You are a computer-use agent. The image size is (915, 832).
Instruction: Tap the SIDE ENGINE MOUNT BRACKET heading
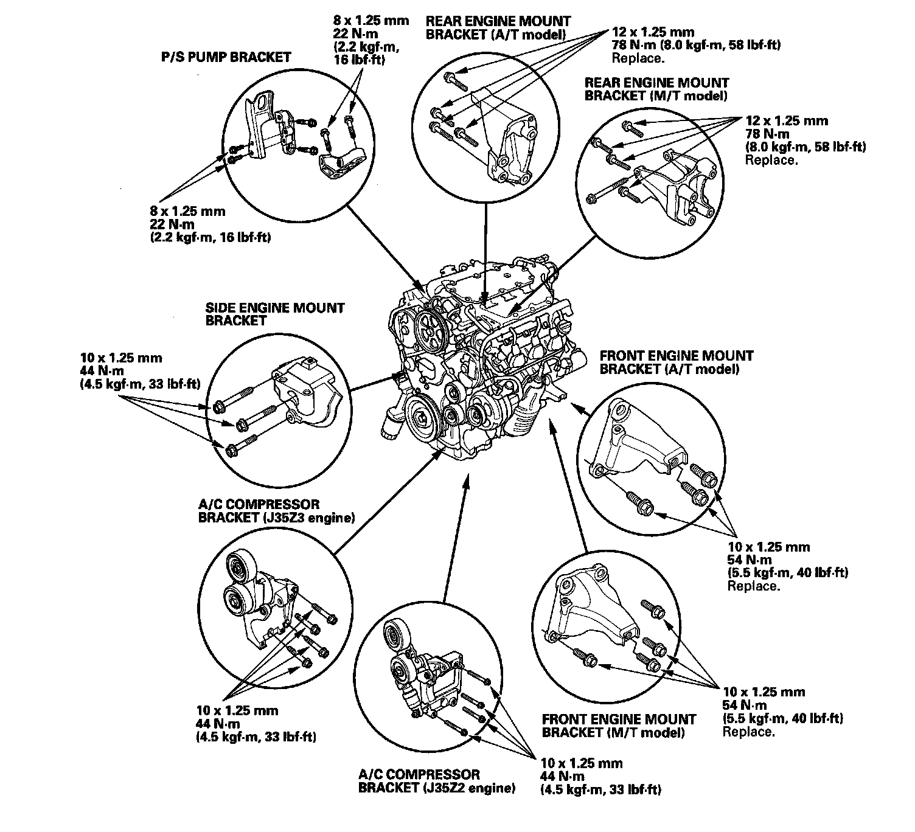[x=275, y=314]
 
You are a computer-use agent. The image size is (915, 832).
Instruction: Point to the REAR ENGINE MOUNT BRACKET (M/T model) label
[x=656, y=89]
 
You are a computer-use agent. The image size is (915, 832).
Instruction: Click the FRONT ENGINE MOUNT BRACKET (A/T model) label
[x=677, y=362]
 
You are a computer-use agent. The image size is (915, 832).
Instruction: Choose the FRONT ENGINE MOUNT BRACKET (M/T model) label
[x=619, y=726]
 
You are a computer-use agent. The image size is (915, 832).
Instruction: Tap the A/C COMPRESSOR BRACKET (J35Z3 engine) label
[x=276, y=511]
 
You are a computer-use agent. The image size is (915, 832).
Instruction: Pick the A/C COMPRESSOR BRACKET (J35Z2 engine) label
[x=437, y=782]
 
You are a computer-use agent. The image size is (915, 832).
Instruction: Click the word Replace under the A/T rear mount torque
[x=638, y=59]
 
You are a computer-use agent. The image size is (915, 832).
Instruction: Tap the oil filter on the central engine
[x=390, y=425]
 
